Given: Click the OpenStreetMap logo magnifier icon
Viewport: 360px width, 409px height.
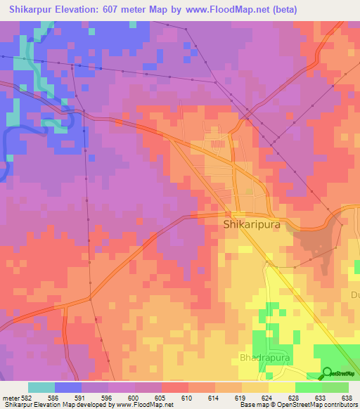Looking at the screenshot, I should coord(327,372).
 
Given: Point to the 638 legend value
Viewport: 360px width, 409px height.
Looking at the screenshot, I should coord(347,396).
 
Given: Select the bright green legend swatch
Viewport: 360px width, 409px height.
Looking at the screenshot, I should coord(308,387).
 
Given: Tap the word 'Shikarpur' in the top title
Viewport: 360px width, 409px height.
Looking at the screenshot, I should coord(32,9).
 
